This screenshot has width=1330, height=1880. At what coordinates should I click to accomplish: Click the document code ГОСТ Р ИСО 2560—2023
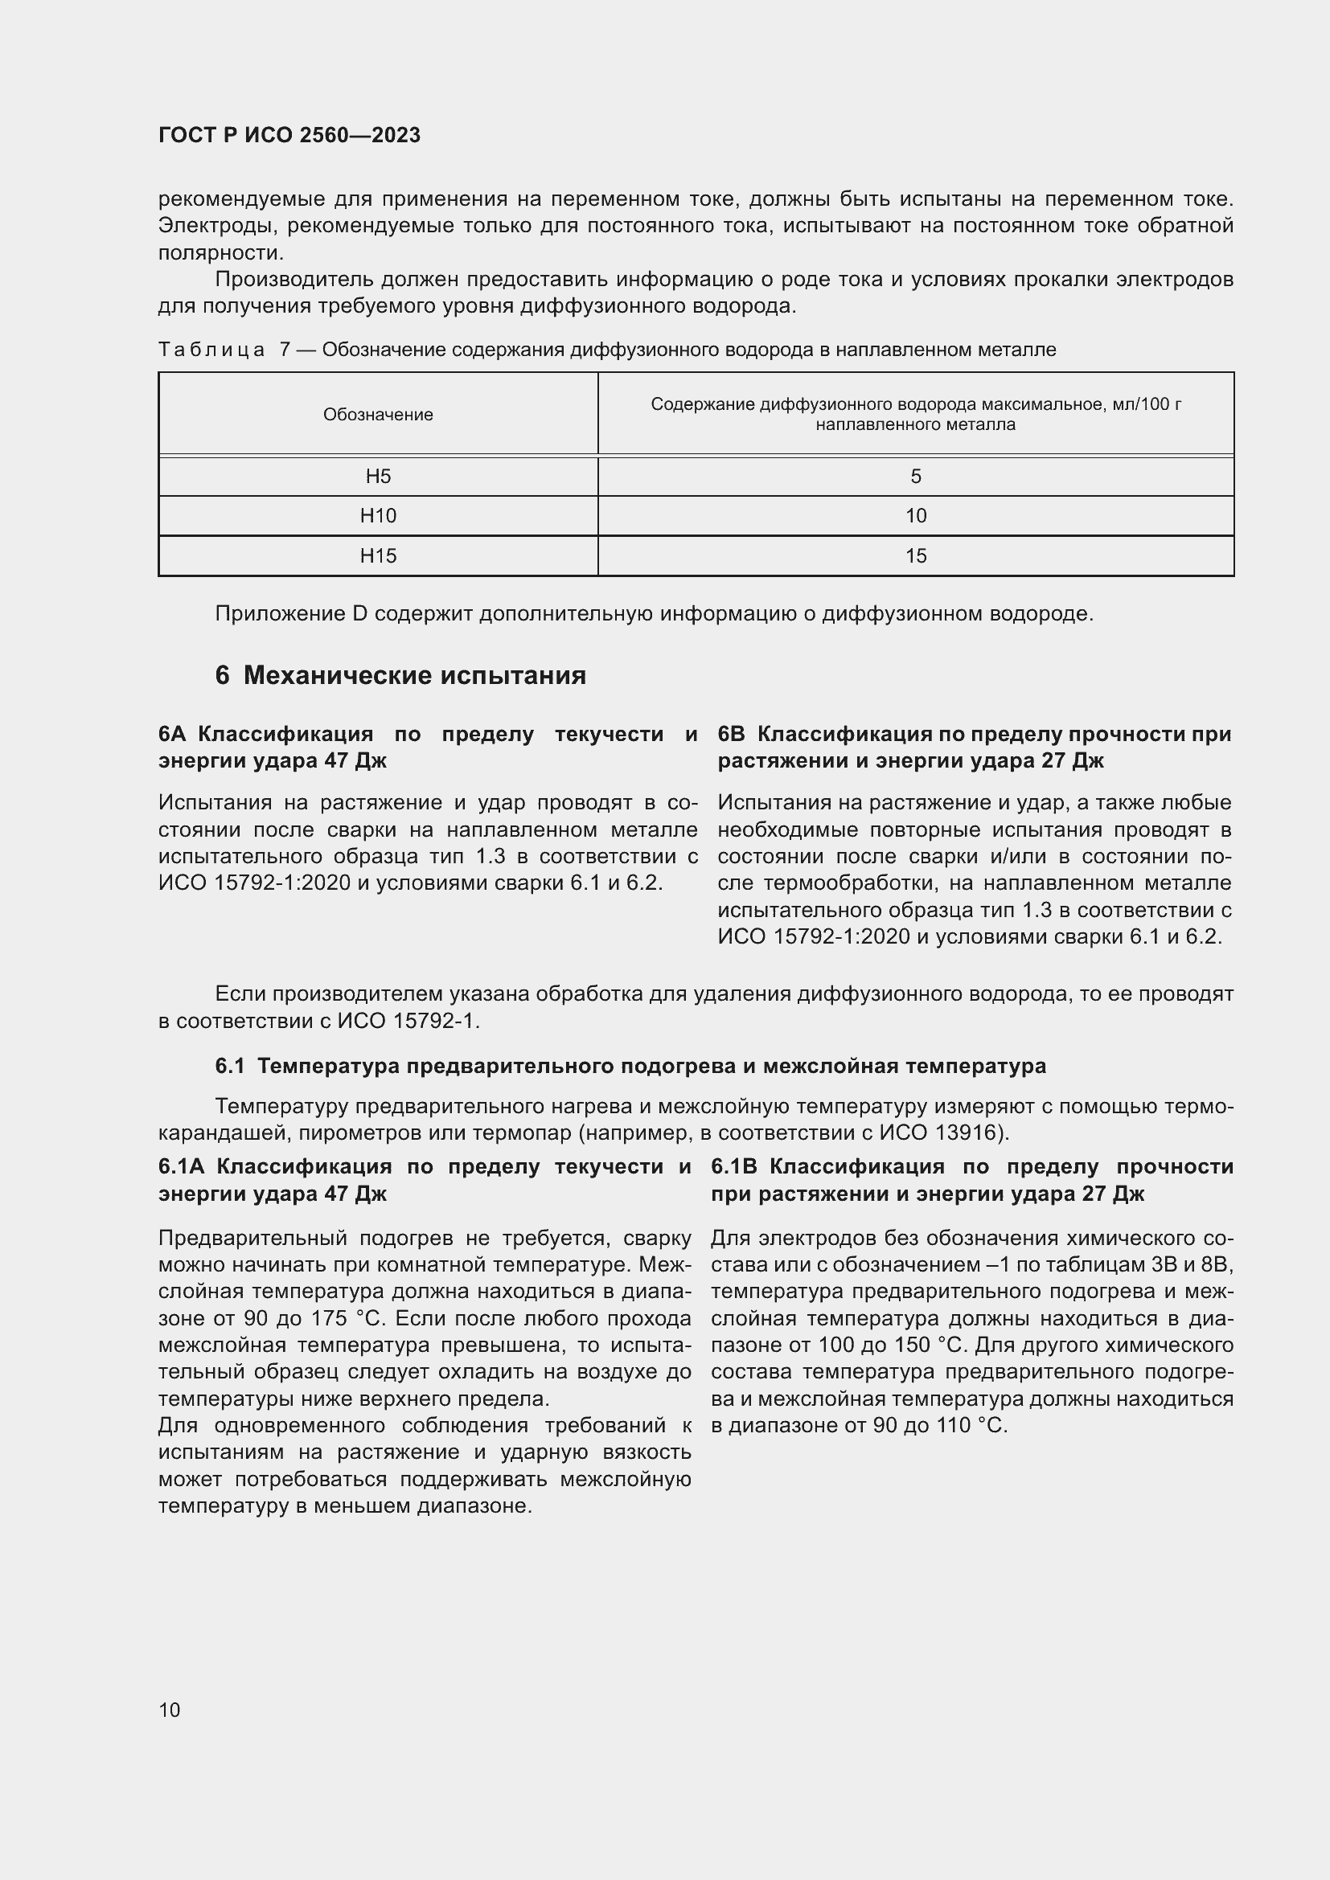(x=289, y=136)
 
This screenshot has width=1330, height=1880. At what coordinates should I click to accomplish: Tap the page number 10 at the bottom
(x=170, y=1710)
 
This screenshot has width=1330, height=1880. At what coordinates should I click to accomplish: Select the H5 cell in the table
(x=379, y=477)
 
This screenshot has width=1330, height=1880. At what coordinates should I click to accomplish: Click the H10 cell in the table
(x=379, y=516)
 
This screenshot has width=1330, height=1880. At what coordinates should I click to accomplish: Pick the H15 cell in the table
(x=379, y=556)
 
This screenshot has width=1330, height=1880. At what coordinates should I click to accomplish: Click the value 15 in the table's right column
(x=916, y=556)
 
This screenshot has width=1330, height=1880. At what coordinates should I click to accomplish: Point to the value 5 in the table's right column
(x=916, y=477)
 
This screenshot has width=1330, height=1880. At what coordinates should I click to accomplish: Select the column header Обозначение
(x=379, y=414)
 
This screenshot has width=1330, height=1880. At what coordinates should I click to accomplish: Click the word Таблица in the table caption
(x=211, y=350)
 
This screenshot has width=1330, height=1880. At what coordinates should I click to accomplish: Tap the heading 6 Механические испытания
(x=401, y=675)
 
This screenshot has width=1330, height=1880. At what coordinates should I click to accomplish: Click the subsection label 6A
(x=174, y=734)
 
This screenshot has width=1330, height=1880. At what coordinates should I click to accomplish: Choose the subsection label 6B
(x=733, y=734)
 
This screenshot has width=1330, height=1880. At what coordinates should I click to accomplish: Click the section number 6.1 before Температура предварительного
(x=230, y=1066)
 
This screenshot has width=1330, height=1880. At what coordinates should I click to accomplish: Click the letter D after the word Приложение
(x=360, y=613)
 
